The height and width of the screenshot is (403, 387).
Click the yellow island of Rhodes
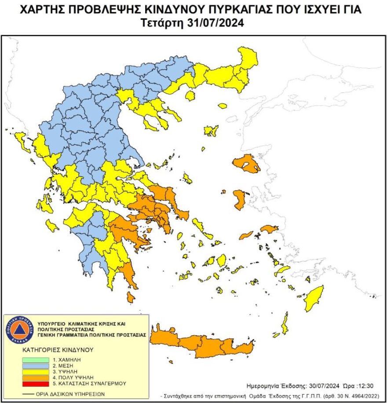pos(314,298)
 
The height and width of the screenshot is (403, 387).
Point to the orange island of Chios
pos(239,200)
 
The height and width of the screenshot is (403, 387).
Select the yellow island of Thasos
pos(190,96)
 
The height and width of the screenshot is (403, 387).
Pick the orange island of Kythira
pos(131,297)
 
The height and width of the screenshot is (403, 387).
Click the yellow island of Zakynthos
pos(51,226)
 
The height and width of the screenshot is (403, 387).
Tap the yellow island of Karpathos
pos(285,324)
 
